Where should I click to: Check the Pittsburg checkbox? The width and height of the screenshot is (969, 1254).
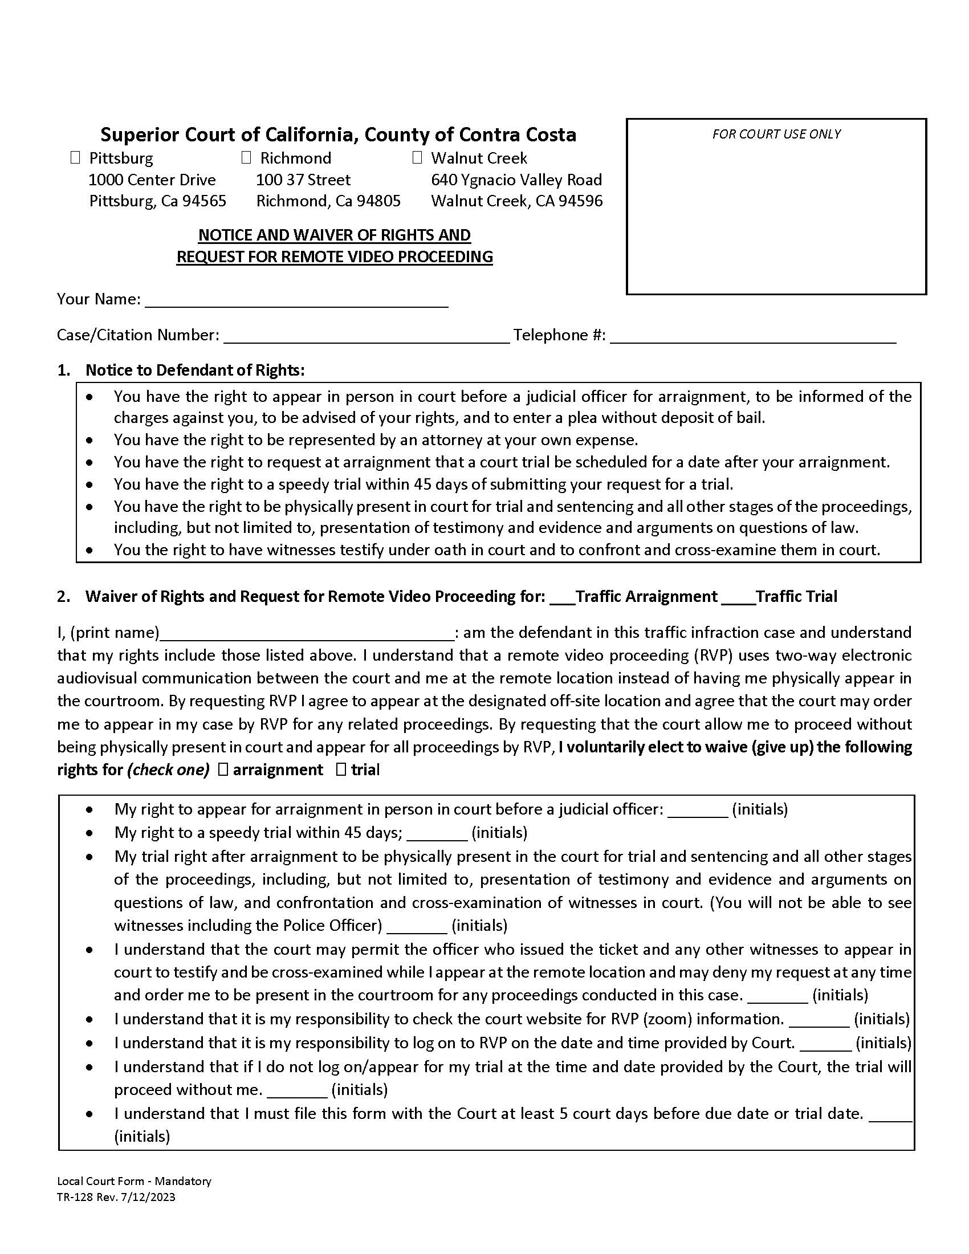tap(75, 157)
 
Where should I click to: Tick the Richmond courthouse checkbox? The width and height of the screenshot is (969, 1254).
tap(246, 157)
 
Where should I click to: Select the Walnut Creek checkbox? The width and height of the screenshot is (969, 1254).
tap(417, 157)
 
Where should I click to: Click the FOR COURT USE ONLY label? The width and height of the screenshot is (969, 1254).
tap(776, 134)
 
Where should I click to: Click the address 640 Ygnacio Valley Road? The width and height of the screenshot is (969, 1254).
tap(516, 180)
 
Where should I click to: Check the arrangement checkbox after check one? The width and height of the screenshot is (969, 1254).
tap(223, 769)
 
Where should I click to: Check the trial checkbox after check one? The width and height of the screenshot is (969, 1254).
tap(341, 769)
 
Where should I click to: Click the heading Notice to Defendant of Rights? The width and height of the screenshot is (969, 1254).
tap(194, 370)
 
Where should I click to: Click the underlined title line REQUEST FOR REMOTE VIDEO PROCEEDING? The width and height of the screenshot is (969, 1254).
tap(334, 256)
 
